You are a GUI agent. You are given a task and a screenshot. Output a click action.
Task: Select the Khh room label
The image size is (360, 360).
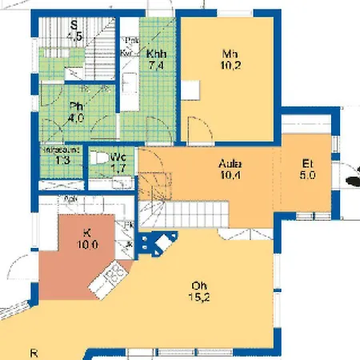coord(155,54)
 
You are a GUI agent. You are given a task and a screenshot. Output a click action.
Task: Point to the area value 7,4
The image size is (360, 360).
coord(155,67)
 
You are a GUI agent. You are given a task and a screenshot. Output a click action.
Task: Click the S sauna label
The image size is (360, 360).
coord(74,24)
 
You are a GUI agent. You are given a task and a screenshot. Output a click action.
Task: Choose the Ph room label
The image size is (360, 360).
coord(77,106)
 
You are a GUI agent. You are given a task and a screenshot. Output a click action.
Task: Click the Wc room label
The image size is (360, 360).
coord(118,157)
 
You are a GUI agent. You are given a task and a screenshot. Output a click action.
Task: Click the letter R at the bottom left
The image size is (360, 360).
coord(34,352)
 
